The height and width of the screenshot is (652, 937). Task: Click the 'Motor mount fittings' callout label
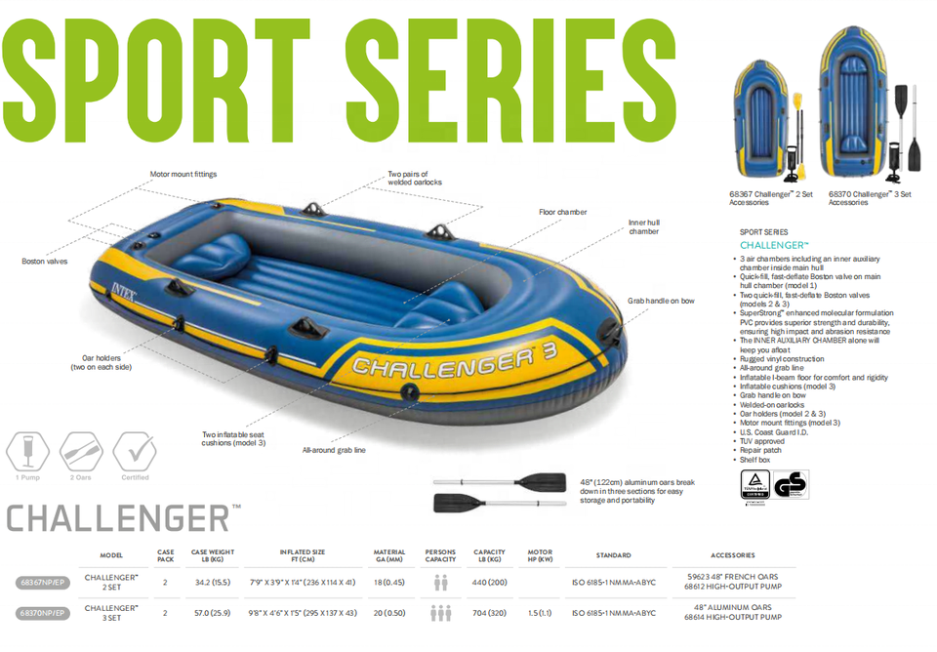point(183,175)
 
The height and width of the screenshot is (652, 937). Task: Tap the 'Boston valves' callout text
point(45,262)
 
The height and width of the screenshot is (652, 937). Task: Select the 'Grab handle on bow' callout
point(662,302)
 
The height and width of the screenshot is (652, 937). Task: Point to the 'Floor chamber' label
point(563,212)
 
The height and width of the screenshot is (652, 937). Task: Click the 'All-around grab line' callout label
point(334,450)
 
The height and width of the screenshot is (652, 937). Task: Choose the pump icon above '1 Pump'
point(27,451)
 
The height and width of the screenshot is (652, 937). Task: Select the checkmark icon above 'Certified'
point(134,451)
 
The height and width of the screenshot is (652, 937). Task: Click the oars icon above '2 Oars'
point(81,451)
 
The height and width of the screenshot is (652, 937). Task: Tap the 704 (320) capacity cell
point(489,613)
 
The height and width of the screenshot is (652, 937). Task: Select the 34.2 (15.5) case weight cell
point(212,583)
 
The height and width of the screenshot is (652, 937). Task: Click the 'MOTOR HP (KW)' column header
point(540,556)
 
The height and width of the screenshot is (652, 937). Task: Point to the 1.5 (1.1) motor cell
point(540,613)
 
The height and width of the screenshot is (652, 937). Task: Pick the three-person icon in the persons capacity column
point(441,613)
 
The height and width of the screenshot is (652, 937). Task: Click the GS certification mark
point(791,484)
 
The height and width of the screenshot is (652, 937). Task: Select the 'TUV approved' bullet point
point(762,441)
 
